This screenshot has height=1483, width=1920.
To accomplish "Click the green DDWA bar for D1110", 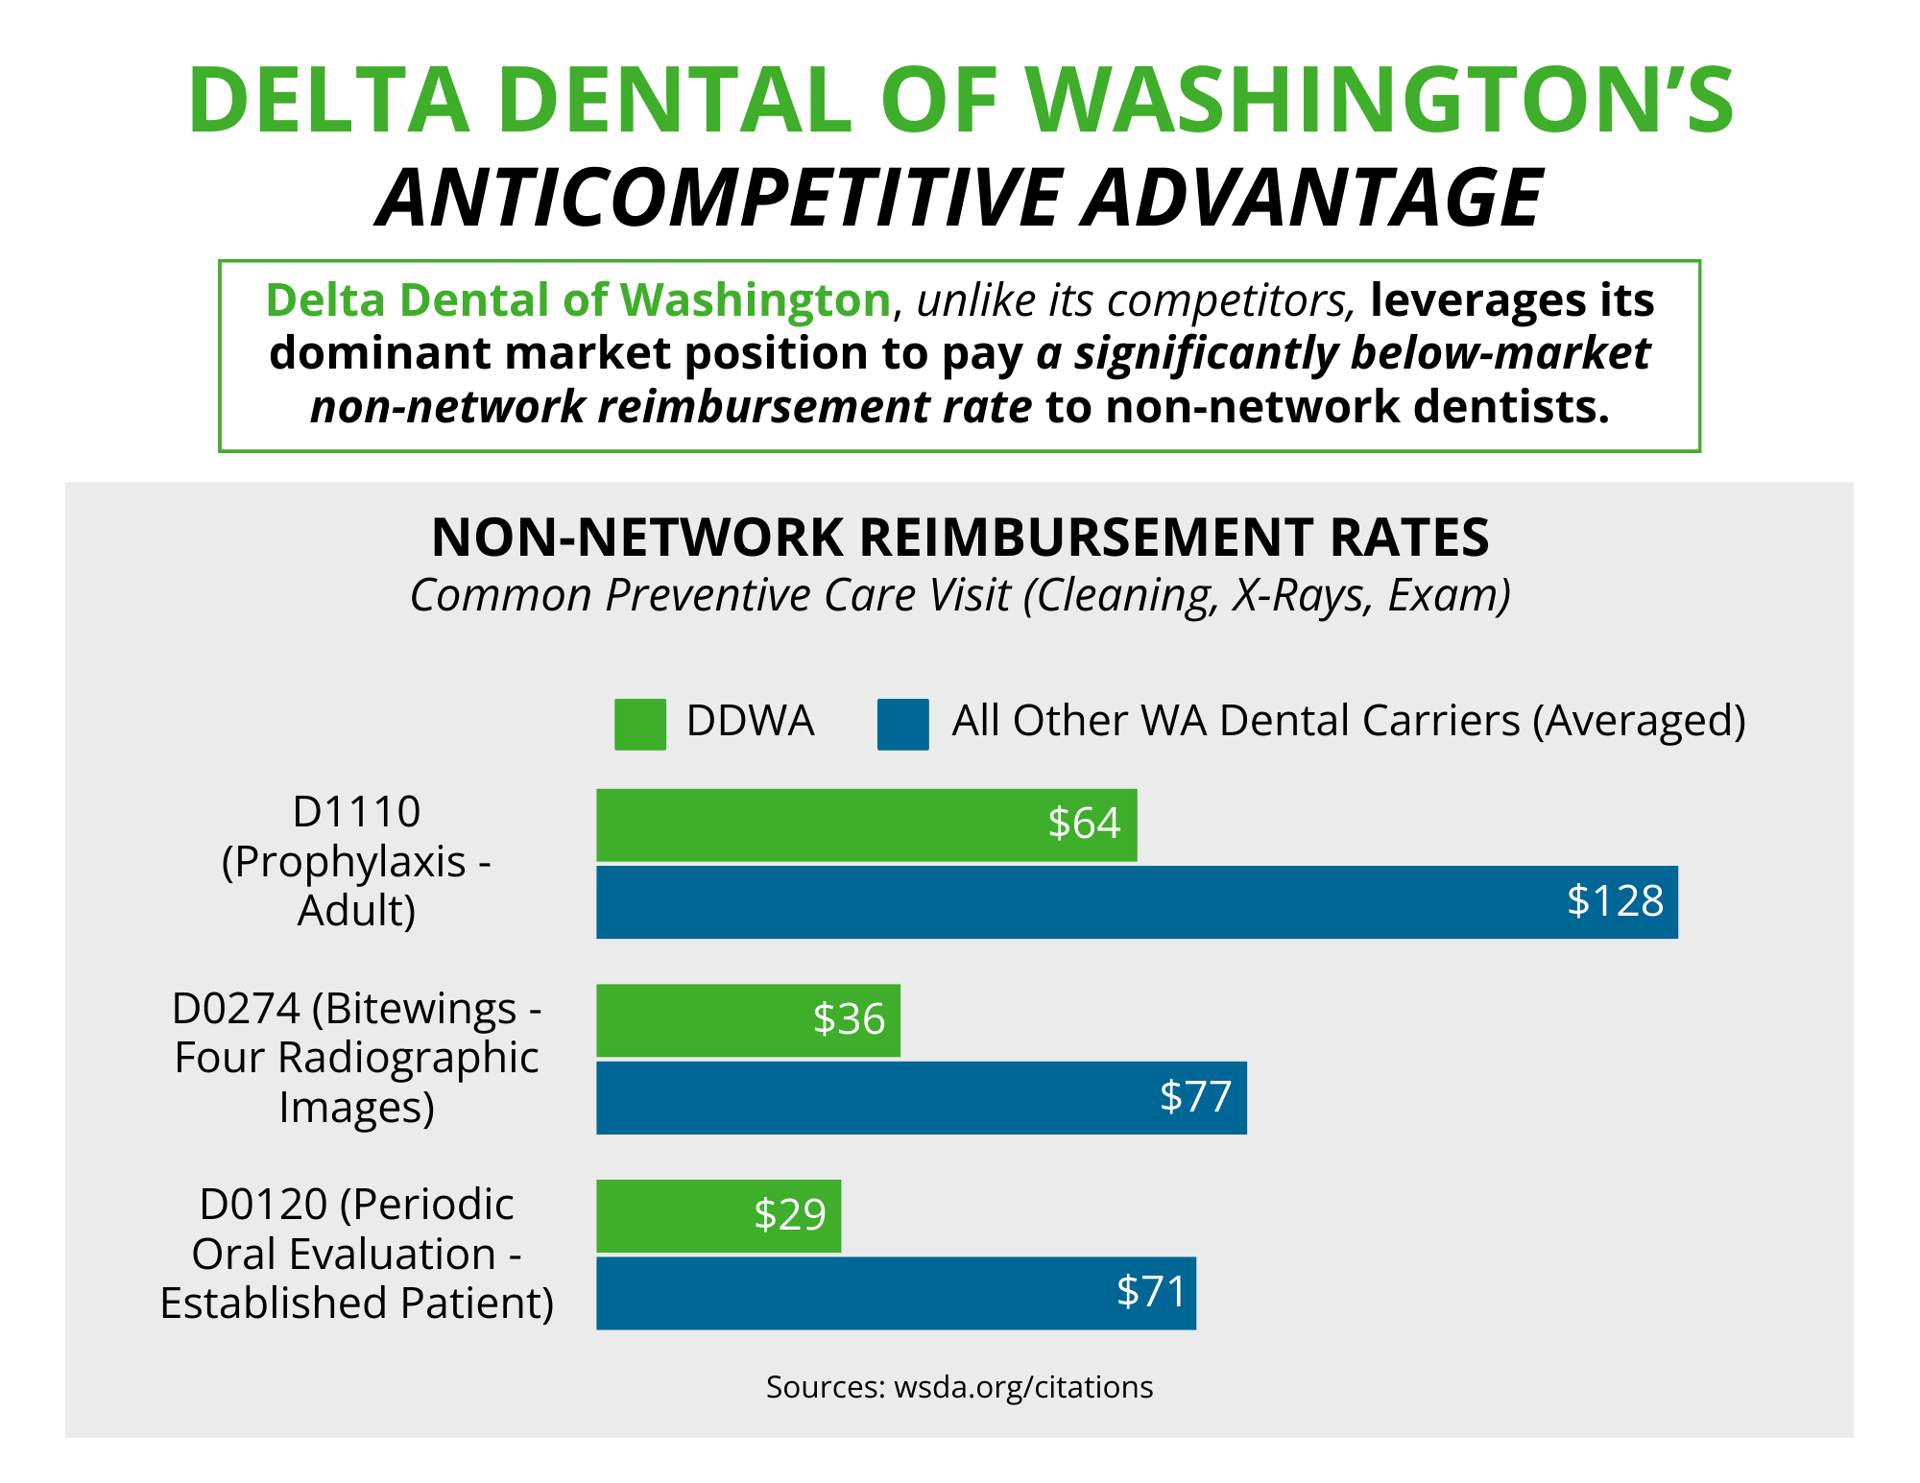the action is click(x=867, y=825).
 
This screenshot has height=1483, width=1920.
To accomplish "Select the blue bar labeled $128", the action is click(x=1138, y=902).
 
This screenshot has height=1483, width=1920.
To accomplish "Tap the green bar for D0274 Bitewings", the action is click(x=749, y=1020).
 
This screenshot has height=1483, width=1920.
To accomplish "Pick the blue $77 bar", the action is click(x=922, y=1098).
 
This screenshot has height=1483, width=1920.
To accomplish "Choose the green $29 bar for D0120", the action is click(x=719, y=1216).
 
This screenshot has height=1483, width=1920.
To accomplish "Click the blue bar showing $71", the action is click(x=897, y=1294).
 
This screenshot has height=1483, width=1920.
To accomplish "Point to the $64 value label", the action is click(x=1084, y=824).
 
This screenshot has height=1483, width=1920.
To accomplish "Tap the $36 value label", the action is click(x=849, y=1019).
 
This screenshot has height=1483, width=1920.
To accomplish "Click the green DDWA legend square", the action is click(x=640, y=724).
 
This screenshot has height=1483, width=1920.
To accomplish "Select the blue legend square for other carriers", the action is click(x=903, y=724).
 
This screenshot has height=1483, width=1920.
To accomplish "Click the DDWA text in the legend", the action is click(x=750, y=721).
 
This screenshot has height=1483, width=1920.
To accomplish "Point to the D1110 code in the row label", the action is click(x=356, y=812).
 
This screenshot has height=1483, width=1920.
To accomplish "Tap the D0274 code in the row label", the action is click(x=236, y=1009).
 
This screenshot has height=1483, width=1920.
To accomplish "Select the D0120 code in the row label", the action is click(x=264, y=1205).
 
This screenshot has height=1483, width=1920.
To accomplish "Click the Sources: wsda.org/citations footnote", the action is click(x=960, y=1387).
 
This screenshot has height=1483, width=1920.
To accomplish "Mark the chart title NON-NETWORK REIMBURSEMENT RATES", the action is click(x=960, y=537).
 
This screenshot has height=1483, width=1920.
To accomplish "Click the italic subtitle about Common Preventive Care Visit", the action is click(x=960, y=596).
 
